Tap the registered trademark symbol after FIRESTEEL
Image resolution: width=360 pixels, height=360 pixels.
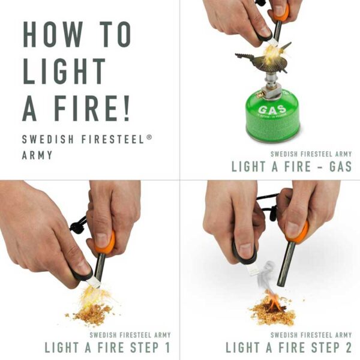click(x=149, y=137)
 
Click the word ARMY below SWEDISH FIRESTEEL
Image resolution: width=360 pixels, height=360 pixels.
click(x=37, y=155)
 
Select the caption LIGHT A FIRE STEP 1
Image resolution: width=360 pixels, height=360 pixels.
click(x=107, y=347)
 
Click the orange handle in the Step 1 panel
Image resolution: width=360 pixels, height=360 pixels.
click(x=104, y=242)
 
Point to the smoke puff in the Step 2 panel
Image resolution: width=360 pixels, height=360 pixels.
click(x=268, y=273)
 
